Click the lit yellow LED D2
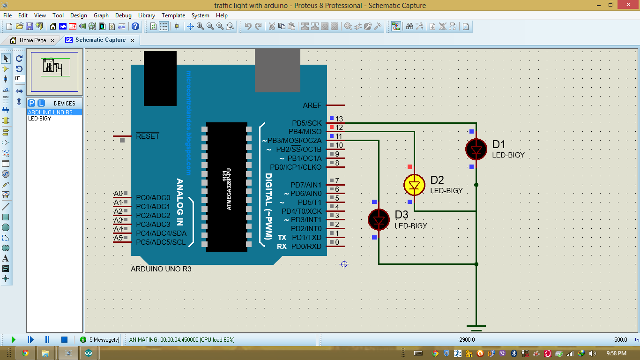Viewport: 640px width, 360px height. pyautogui.click(x=414, y=185)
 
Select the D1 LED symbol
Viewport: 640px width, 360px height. pyautogui.click(x=476, y=150)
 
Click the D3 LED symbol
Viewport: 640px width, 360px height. pyautogui.click(x=379, y=219)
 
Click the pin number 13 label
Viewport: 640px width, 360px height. pyautogui.click(x=339, y=119)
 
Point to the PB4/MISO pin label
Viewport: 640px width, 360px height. pyautogui.click(x=305, y=132)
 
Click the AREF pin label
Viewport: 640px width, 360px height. pyautogui.click(x=312, y=106)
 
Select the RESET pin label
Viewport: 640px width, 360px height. pyautogui.click(x=148, y=136)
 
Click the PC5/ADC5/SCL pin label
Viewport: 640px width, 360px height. pyautogui.click(x=161, y=242)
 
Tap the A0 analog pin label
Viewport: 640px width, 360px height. pyautogui.click(x=118, y=194)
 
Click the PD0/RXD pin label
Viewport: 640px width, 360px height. pyautogui.click(x=306, y=247)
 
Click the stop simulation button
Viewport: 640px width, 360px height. pyautogui.click(x=64, y=339)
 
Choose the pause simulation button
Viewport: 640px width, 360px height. pyautogui.click(x=47, y=339)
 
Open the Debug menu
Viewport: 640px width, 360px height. pyautogui.click(x=123, y=15)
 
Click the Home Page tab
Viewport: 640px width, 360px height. pyautogui.click(x=32, y=40)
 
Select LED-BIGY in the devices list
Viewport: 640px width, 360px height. pyautogui.click(x=40, y=119)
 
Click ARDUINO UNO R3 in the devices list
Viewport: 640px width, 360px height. pyautogui.click(x=50, y=112)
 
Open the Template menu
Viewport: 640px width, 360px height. pyautogui.click(x=173, y=15)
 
